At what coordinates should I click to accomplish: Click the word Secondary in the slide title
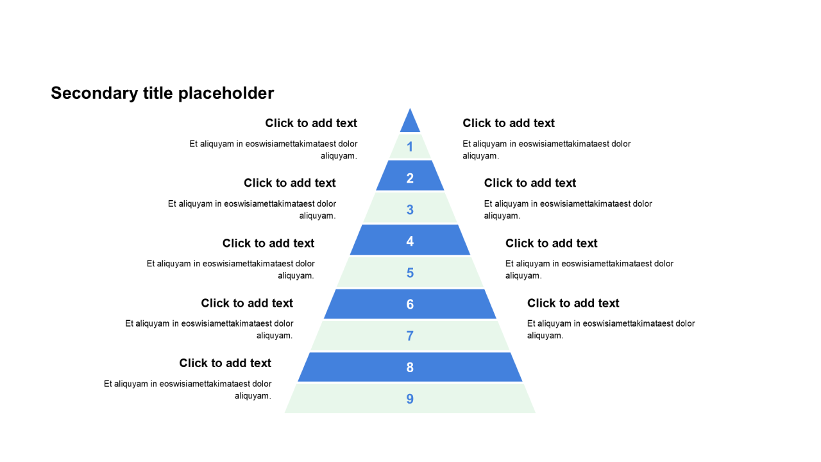(94, 94)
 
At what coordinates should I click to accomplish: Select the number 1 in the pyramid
(410, 148)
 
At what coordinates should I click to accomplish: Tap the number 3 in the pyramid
(410, 210)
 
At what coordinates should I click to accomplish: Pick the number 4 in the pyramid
(410, 241)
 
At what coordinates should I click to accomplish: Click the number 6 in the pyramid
(410, 304)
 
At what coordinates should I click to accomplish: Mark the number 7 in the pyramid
(410, 336)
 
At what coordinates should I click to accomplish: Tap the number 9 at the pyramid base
(410, 399)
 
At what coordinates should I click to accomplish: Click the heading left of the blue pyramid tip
(311, 123)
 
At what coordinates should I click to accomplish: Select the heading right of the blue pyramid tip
(509, 123)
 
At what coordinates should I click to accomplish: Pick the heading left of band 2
(290, 183)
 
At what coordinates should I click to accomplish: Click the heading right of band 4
(551, 243)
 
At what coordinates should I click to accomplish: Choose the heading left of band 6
(247, 303)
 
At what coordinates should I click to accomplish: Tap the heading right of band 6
(573, 303)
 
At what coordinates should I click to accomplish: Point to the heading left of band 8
(225, 363)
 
